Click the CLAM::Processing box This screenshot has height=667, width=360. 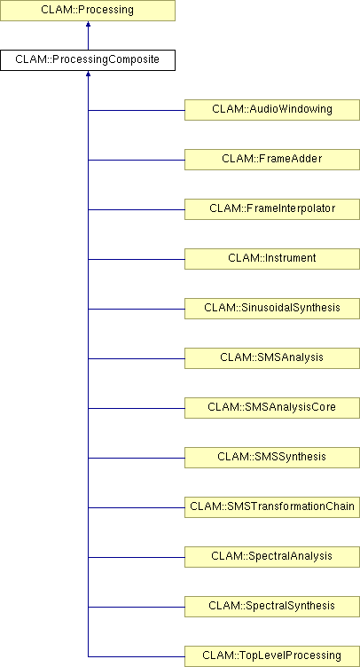click(x=88, y=11)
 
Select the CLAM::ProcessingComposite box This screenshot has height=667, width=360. click(x=88, y=60)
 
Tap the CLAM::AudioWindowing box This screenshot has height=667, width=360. click(x=272, y=110)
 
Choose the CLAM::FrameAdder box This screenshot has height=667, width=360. click(x=272, y=160)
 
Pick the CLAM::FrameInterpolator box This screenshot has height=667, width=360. click(x=272, y=209)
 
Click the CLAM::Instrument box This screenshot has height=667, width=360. click(x=272, y=259)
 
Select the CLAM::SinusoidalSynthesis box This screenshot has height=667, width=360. click(x=272, y=309)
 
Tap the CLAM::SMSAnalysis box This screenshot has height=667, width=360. click(x=272, y=358)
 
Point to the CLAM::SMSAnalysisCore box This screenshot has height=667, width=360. click(x=272, y=408)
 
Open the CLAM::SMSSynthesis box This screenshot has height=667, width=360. click(x=272, y=458)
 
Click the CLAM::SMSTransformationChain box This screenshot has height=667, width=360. click(x=272, y=507)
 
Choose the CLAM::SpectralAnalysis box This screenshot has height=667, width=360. click(x=272, y=557)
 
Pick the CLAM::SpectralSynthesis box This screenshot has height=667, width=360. click(x=272, y=607)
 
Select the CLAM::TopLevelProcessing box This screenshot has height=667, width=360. click(x=272, y=656)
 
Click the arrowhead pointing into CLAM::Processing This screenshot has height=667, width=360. click(x=88, y=24)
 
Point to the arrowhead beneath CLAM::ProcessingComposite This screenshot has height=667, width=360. click(x=88, y=74)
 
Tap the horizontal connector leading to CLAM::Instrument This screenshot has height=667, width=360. click(x=137, y=259)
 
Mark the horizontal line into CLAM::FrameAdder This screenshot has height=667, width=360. click(x=137, y=160)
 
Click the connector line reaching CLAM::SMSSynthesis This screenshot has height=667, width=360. click(x=137, y=459)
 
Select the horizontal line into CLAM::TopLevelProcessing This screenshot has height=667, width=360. click(x=137, y=656)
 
